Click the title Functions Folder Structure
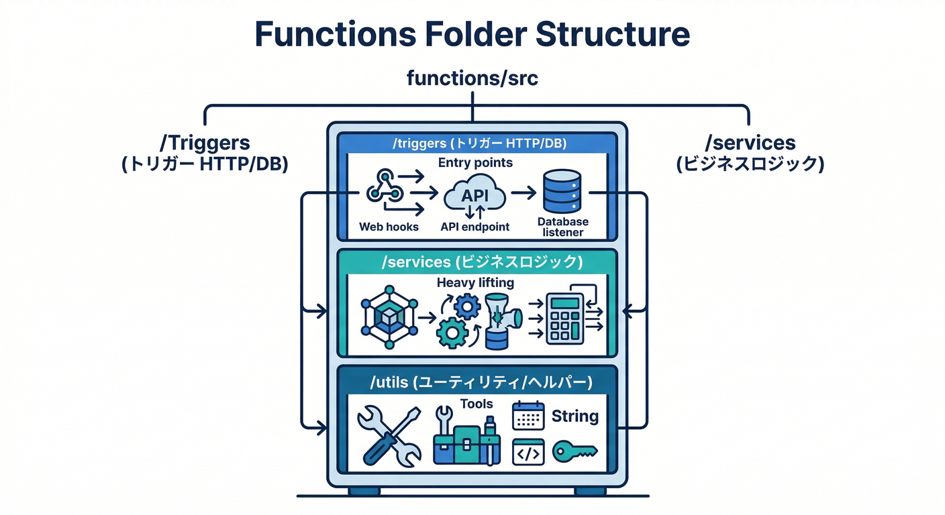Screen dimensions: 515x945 (472, 35)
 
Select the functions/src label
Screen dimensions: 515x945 (472, 78)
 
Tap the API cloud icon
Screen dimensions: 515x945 (475, 194)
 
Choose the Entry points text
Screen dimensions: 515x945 (475, 163)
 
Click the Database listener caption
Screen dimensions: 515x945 (562, 227)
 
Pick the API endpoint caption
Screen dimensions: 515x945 (475, 227)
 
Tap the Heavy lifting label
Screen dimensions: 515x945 (475, 283)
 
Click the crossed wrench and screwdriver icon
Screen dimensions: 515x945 (389, 435)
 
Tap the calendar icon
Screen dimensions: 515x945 (528, 416)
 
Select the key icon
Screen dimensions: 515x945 (575, 451)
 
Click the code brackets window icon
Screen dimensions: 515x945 (528, 452)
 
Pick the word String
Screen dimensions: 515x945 (575, 416)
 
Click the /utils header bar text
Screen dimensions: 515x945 (481, 383)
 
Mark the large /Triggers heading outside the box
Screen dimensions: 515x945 (205, 143)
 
